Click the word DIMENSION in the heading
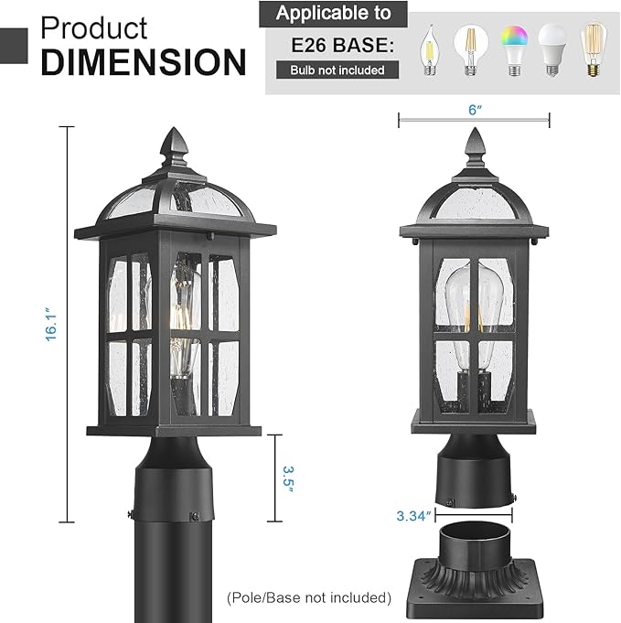click(x=144, y=61)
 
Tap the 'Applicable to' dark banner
click(x=333, y=14)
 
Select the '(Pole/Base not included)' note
click(x=309, y=597)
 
